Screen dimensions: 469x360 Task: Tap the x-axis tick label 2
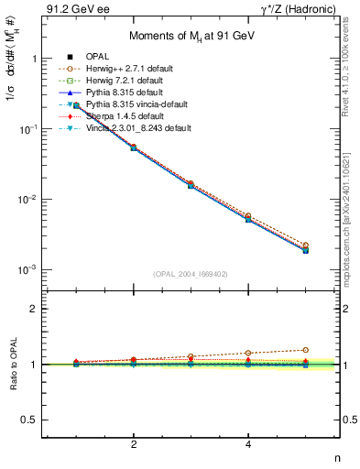point(134,444)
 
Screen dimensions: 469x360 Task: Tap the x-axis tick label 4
point(248,444)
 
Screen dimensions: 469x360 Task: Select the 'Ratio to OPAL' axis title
point(12,364)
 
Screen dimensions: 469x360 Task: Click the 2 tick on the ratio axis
point(34,309)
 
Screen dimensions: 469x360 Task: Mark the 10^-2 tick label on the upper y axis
point(27,200)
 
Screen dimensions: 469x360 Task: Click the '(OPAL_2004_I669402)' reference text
point(191,274)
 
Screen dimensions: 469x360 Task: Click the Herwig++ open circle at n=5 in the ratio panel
point(305,350)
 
